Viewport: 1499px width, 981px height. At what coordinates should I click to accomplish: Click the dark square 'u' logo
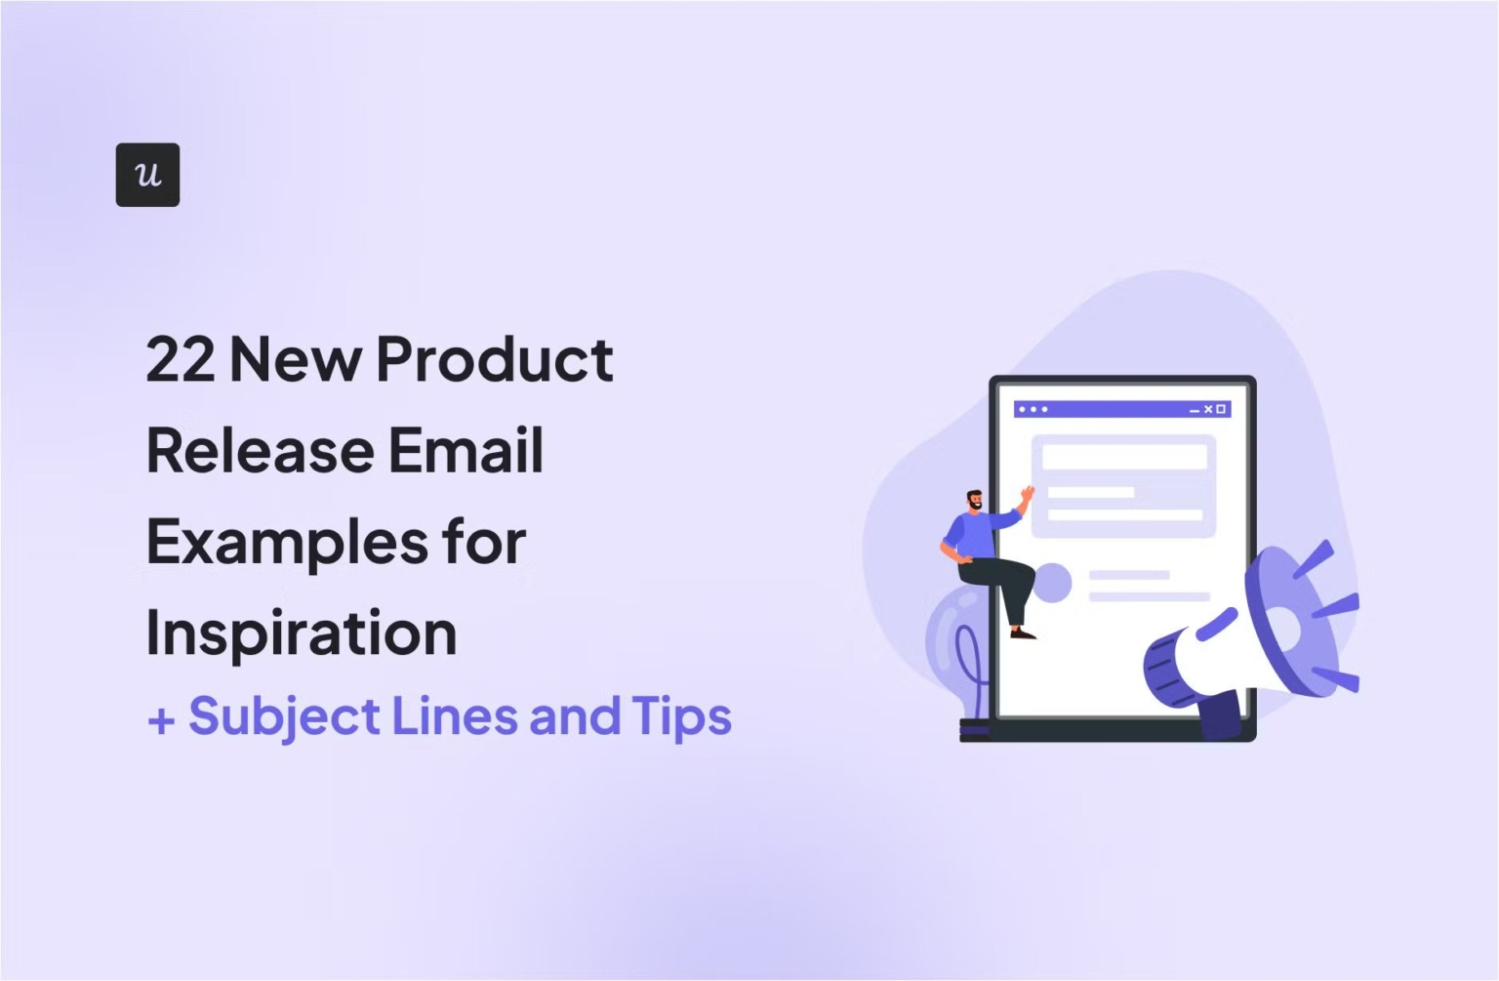click(x=148, y=175)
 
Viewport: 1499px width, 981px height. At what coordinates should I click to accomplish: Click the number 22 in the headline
click(x=181, y=359)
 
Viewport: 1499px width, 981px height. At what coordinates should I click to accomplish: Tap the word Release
click(x=260, y=450)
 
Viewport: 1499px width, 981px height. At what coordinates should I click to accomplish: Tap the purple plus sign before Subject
click(x=161, y=720)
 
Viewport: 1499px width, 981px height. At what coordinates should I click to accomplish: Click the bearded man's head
click(x=974, y=500)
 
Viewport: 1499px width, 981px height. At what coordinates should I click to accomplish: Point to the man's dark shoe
click(x=1023, y=633)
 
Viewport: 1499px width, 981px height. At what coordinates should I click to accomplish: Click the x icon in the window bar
click(x=1208, y=409)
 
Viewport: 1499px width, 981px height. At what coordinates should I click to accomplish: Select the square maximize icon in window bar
click(x=1221, y=409)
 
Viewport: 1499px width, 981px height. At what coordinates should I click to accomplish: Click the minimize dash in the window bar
click(x=1195, y=411)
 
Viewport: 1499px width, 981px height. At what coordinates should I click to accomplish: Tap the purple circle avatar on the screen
click(x=1052, y=583)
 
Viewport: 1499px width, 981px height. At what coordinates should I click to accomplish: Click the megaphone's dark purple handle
click(x=1221, y=715)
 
